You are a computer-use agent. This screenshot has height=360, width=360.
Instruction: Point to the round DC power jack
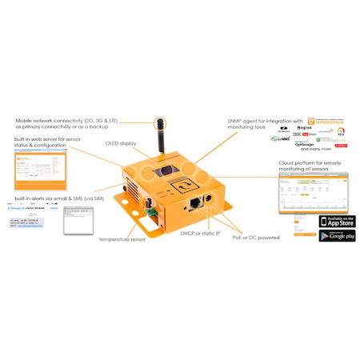pos(210,200)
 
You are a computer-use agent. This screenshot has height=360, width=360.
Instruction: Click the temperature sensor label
pos(122,238)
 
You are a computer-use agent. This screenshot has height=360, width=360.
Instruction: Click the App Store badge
pos(337,221)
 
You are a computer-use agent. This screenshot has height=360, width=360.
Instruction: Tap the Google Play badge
pos(337,236)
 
